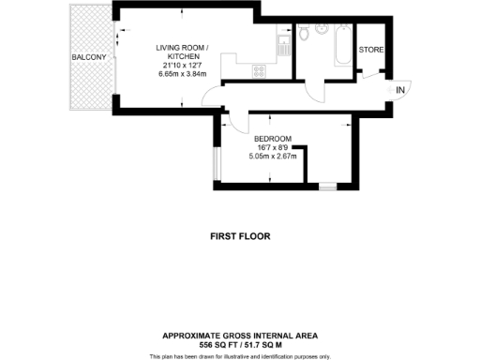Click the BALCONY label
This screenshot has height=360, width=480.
[89, 57]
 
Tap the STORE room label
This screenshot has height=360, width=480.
[371, 50]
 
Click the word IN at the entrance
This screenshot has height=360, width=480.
[400, 90]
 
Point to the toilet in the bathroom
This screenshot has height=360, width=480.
[306, 36]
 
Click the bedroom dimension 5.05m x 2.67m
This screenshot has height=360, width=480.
[273, 156]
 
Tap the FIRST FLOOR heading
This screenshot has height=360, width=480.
[240, 237]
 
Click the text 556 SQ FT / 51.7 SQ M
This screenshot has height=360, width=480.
[240, 344]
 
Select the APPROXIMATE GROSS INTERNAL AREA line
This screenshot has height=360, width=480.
[240, 335]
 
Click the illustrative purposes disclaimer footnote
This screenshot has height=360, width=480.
[240, 356]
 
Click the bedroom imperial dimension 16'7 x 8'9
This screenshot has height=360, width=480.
[273, 146]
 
